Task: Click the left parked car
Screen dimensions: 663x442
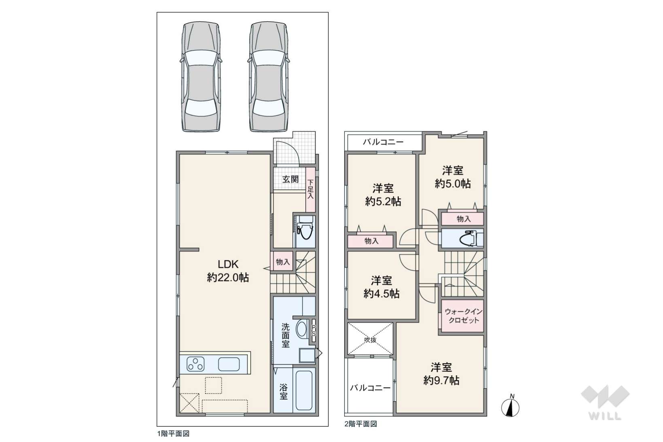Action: (x=201, y=76)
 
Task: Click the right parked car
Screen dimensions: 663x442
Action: (x=268, y=76)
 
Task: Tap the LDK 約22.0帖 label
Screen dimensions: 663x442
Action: (x=228, y=271)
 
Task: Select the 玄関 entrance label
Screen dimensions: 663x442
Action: (x=290, y=179)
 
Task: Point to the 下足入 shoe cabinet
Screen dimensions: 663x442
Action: (x=310, y=190)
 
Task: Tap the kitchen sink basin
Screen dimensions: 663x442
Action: (x=229, y=364)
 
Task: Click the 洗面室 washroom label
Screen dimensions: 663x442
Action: (x=285, y=336)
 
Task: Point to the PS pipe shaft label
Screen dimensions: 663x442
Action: (x=314, y=330)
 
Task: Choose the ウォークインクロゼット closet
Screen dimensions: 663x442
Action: (x=463, y=316)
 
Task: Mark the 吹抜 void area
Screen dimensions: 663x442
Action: (x=370, y=338)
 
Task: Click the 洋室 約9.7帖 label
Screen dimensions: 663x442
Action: (x=441, y=374)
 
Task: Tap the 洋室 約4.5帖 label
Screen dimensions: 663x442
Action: (x=381, y=287)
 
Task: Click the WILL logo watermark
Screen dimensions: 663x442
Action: (x=605, y=402)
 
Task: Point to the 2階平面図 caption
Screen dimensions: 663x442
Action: (x=361, y=424)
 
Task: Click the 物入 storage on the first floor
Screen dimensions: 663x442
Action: (x=283, y=261)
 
